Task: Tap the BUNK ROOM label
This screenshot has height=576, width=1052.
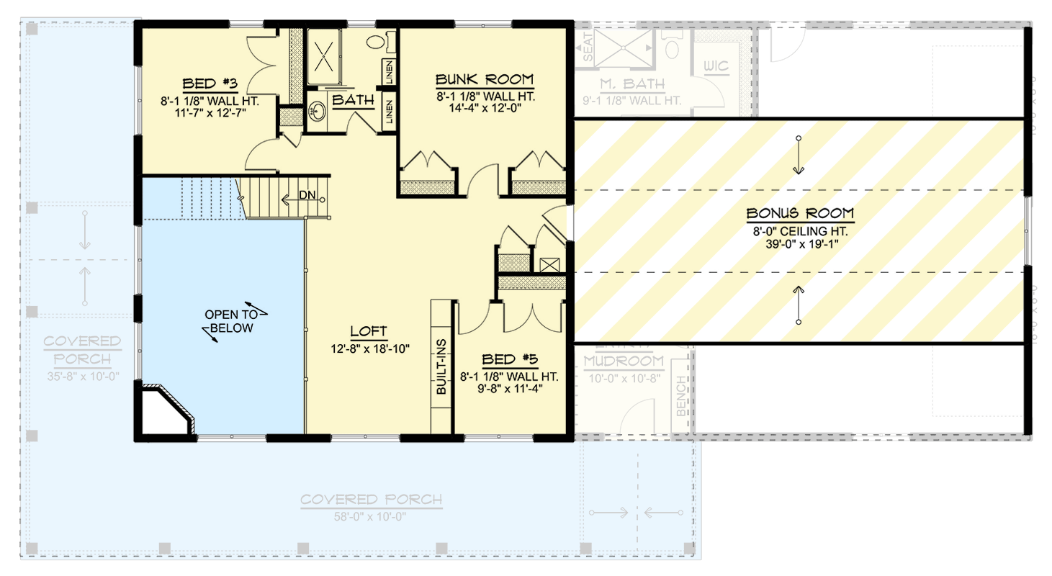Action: [485, 78]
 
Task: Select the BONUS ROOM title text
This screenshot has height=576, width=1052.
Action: [799, 213]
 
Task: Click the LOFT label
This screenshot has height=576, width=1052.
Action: [369, 332]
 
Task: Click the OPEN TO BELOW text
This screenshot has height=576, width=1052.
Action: [229, 321]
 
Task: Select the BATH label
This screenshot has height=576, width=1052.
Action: [353, 100]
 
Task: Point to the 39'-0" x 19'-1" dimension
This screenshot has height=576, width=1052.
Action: [799, 244]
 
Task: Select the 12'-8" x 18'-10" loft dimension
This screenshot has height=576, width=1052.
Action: [369, 348]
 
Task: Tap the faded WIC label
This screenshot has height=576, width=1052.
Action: [717, 67]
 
